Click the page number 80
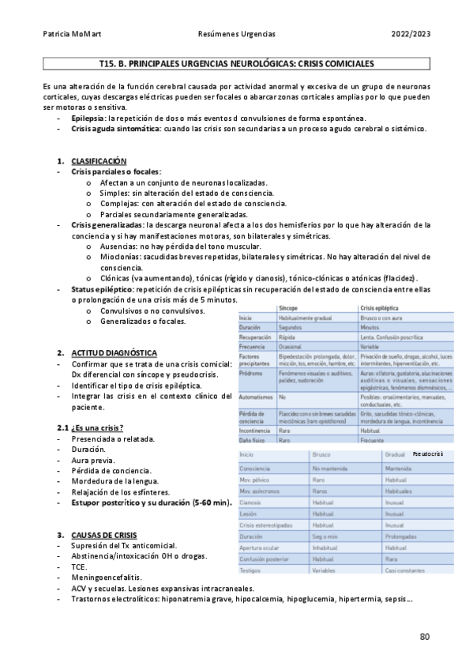(425, 636)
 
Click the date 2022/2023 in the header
(411, 35)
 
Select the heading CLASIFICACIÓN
(99, 160)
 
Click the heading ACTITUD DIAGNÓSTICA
(114, 352)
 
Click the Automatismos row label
(258, 397)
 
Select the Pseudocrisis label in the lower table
(450, 454)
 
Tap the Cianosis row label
(250, 501)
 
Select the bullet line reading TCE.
(78, 566)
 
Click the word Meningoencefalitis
(106, 578)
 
